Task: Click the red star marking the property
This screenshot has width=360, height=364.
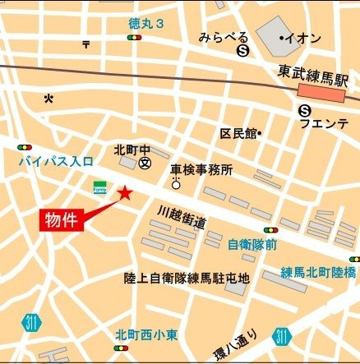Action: (x=125, y=192)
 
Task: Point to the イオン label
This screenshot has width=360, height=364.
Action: (x=302, y=39)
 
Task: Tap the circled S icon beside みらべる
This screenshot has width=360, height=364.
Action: (x=242, y=51)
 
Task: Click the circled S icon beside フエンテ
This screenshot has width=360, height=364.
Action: (x=305, y=109)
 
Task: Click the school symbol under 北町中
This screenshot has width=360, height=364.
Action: (x=145, y=163)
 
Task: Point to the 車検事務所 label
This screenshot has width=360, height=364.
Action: (x=201, y=169)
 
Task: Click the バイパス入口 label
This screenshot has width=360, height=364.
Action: (x=56, y=161)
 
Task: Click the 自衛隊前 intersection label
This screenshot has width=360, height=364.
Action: (x=252, y=244)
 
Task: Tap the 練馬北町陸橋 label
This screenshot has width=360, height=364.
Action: (x=318, y=272)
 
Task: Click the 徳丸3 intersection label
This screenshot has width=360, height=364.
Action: (x=147, y=25)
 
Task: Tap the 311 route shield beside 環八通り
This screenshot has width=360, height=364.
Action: (x=282, y=335)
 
